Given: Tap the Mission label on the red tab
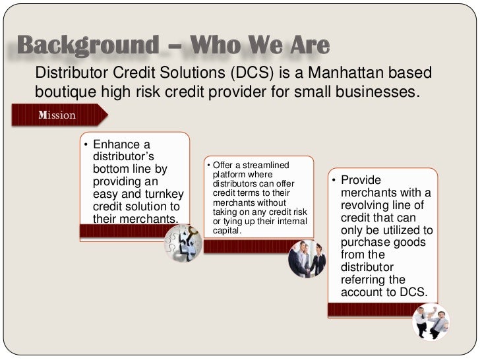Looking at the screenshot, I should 57,115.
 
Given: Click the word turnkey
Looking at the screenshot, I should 157,193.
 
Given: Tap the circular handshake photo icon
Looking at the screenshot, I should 308,259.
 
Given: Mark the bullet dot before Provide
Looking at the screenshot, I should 334,181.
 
